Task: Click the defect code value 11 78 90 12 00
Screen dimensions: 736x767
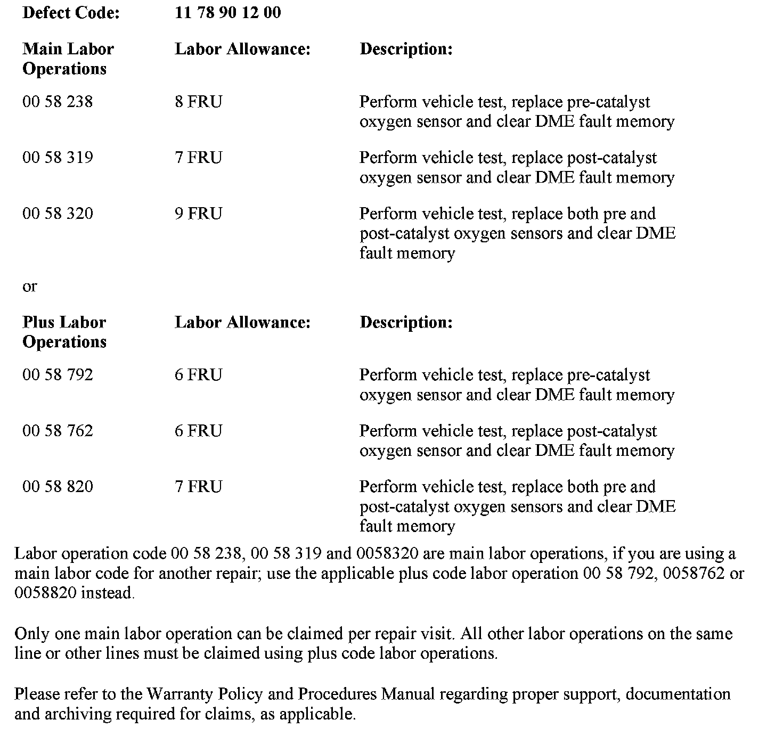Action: [x=227, y=12]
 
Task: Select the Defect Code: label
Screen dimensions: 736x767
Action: [x=71, y=12]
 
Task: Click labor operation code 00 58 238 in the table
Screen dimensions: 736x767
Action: [x=58, y=101]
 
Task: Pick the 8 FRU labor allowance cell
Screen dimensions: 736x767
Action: [x=198, y=101]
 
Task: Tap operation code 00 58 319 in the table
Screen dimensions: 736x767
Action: [x=58, y=157]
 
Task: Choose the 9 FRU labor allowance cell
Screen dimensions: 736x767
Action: [x=198, y=213]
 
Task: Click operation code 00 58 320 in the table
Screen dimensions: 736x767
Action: [x=58, y=213]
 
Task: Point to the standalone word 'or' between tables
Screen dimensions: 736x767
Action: [x=30, y=287]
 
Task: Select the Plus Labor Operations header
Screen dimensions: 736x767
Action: [x=64, y=331]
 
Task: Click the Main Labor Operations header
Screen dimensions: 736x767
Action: [x=68, y=59]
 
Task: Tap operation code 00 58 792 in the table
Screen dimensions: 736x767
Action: [x=58, y=374]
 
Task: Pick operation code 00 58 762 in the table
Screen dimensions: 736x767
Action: [x=58, y=430]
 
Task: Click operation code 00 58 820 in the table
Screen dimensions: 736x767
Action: [x=58, y=486]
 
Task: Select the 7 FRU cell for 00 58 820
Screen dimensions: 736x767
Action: [x=198, y=486]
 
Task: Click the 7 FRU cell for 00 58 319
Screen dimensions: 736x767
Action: [x=198, y=157]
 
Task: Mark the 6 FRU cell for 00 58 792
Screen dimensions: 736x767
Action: [x=198, y=374]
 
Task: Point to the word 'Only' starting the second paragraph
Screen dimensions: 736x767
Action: [x=31, y=634]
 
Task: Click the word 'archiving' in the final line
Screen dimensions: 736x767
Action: [x=78, y=714]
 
